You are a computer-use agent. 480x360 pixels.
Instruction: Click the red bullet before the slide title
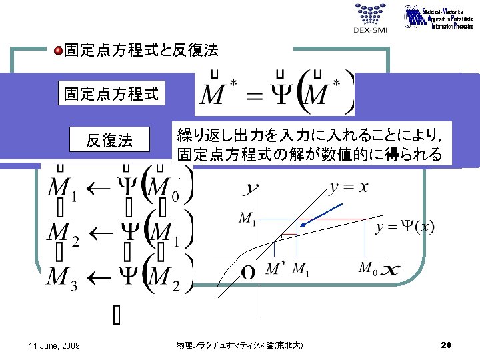click(58, 50)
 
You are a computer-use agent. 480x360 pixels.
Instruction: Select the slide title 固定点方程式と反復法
click(141, 50)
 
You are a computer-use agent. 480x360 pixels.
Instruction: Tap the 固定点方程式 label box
click(111, 94)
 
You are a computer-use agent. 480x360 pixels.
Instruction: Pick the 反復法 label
click(109, 140)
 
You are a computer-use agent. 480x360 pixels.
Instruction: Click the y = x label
click(349, 187)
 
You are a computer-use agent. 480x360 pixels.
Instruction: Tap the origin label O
click(247, 273)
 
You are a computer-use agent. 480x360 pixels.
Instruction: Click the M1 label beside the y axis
click(247, 219)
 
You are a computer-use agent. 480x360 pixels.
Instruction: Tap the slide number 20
click(446, 345)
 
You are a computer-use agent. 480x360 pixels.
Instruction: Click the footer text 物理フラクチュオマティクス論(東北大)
click(240, 345)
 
